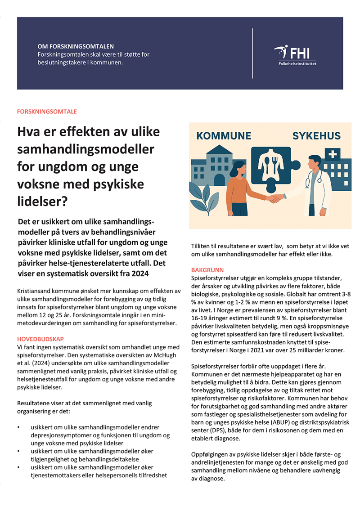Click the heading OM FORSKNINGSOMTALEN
(76, 46)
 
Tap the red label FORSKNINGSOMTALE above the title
(46, 111)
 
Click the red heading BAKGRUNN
(207, 270)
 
